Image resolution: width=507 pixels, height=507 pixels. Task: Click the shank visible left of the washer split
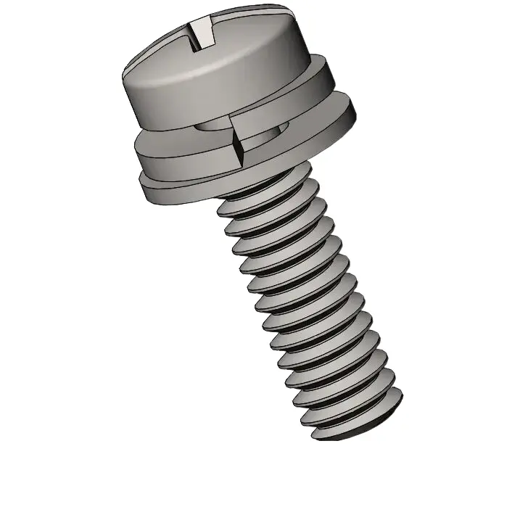[x=214, y=129]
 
